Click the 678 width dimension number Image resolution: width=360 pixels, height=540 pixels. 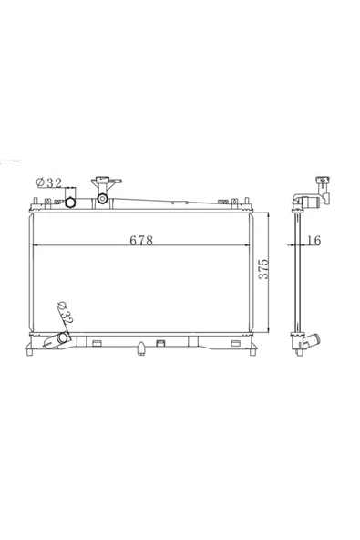pos(141,240)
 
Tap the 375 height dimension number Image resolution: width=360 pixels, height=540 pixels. pos(263,269)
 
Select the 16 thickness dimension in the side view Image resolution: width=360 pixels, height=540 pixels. pos(314,240)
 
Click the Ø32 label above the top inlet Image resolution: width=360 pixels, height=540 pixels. pos(49,182)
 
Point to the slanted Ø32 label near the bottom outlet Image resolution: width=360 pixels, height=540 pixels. pos(65,313)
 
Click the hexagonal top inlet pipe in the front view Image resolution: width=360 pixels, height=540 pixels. pos(70,202)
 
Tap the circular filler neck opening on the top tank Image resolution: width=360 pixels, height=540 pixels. pos(102,198)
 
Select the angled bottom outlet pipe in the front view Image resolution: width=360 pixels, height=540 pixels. pos(57,339)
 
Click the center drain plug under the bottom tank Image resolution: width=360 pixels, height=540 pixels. pos(140,348)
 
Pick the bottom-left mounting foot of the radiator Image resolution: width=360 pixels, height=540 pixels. pos(29,351)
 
